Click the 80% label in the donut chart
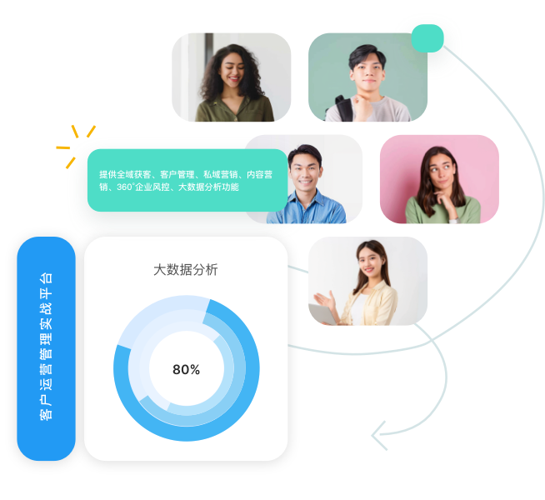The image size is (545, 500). pos(186,370)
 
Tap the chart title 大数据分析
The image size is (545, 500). pos(186,269)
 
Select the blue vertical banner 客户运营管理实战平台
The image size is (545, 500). pos(46,348)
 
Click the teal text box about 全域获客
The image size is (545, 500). pos(186,181)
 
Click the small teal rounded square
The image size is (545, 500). pos(427,38)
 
